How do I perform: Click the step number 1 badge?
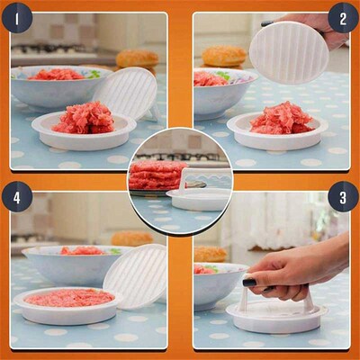(x=17, y=17)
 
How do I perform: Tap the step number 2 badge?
(x=343, y=17)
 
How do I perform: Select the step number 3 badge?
(x=343, y=196)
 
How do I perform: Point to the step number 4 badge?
(x=17, y=196)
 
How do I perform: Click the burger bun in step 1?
(x=137, y=58)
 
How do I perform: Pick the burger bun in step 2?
(x=223, y=56)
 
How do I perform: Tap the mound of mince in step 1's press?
(x=83, y=118)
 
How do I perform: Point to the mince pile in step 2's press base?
(x=281, y=118)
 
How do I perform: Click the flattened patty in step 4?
(x=69, y=297)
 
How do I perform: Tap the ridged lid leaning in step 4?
(x=136, y=274)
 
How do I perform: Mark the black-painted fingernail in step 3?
(x=249, y=283)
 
